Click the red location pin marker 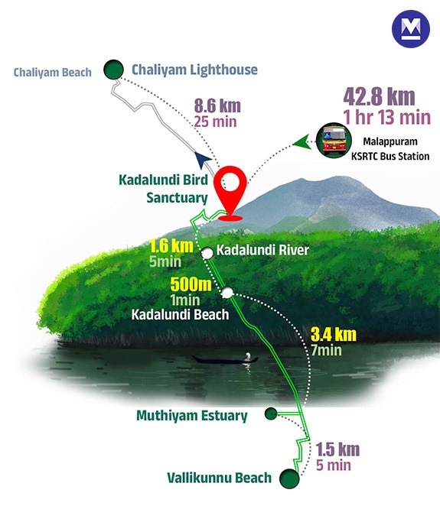click(x=230, y=191)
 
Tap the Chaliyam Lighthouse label click(x=194, y=70)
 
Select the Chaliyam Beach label click(x=52, y=73)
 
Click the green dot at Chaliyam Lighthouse click(x=114, y=70)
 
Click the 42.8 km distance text click(x=380, y=98)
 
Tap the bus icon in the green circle click(x=334, y=141)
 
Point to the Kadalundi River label click(x=262, y=250)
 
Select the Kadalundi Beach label click(x=180, y=313)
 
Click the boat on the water click(x=227, y=358)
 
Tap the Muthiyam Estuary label click(x=192, y=417)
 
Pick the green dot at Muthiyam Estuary click(x=270, y=414)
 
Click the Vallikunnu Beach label click(x=220, y=478)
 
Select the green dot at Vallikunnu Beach click(x=289, y=478)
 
